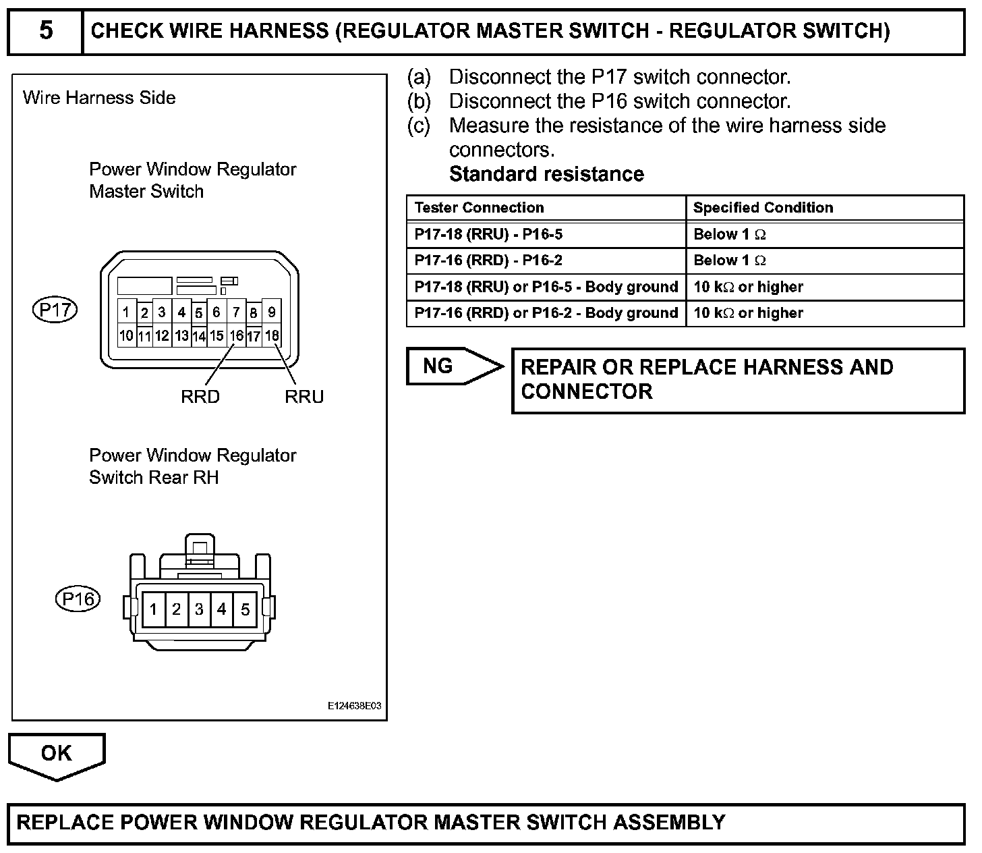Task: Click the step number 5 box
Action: (x=45, y=31)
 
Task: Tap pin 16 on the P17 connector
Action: (x=236, y=335)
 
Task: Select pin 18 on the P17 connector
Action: (x=271, y=335)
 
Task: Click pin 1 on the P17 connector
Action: (x=126, y=312)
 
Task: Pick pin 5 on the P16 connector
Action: (x=245, y=610)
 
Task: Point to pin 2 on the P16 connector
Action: (x=176, y=610)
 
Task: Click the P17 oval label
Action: (x=55, y=310)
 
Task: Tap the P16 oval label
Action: (x=78, y=599)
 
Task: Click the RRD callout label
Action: (x=200, y=397)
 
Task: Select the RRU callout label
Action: (x=304, y=397)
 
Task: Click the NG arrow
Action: (x=452, y=366)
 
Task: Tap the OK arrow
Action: (x=57, y=754)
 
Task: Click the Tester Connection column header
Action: (x=479, y=208)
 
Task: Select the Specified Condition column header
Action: (x=763, y=208)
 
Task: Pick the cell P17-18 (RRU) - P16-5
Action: (x=488, y=235)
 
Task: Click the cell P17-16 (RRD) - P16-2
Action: (x=488, y=260)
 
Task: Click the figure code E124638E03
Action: (x=354, y=706)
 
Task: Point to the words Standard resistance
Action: (x=546, y=174)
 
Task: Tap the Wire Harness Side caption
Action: (x=99, y=98)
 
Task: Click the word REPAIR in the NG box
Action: (x=558, y=367)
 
